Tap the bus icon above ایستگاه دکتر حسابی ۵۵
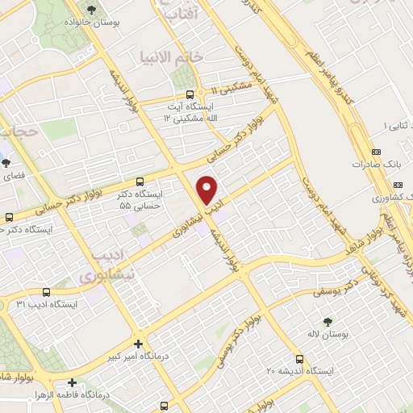tap(140, 181)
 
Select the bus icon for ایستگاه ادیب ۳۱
tap(45, 292)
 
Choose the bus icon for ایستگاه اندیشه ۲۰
tap(300, 358)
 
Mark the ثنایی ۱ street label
tap(396, 126)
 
